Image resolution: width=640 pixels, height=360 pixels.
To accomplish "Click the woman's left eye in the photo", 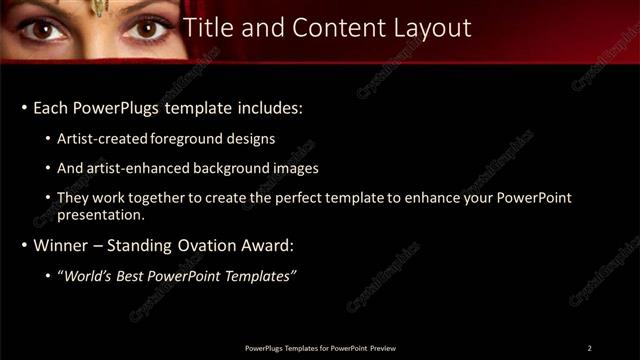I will (45, 28).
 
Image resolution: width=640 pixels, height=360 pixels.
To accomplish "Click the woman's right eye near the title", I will (146, 28).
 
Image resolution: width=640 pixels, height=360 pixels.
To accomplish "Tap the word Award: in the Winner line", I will (266, 244).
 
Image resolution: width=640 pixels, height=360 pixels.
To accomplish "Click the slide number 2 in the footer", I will (589, 347).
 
